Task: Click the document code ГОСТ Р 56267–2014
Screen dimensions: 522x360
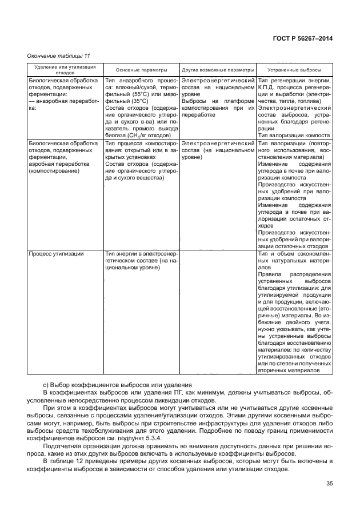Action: (303, 38)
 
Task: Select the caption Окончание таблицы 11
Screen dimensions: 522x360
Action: (59, 55)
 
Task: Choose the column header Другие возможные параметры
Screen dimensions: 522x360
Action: (218, 69)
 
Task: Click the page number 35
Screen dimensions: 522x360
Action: (328, 485)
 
